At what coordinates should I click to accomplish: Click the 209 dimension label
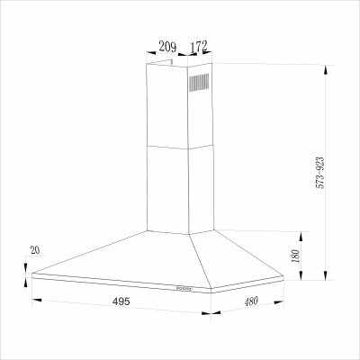pyautogui.click(x=167, y=47)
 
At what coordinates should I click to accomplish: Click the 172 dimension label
pyautogui.click(x=199, y=46)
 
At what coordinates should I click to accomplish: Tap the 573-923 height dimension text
pyautogui.click(x=320, y=173)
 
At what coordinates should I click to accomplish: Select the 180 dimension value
pyautogui.click(x=295, y=256)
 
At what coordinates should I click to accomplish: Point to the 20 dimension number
pyautogui.click(x=35, y=250)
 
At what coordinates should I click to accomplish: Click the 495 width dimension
pyautogui.click(x=121, y=301)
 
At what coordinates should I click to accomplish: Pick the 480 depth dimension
pyautogui.click(x=251, y=301)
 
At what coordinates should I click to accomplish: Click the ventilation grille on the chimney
pyautogui.click(x=199, y=83)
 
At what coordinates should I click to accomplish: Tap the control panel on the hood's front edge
pyautogui.click(x=184, y=289)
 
